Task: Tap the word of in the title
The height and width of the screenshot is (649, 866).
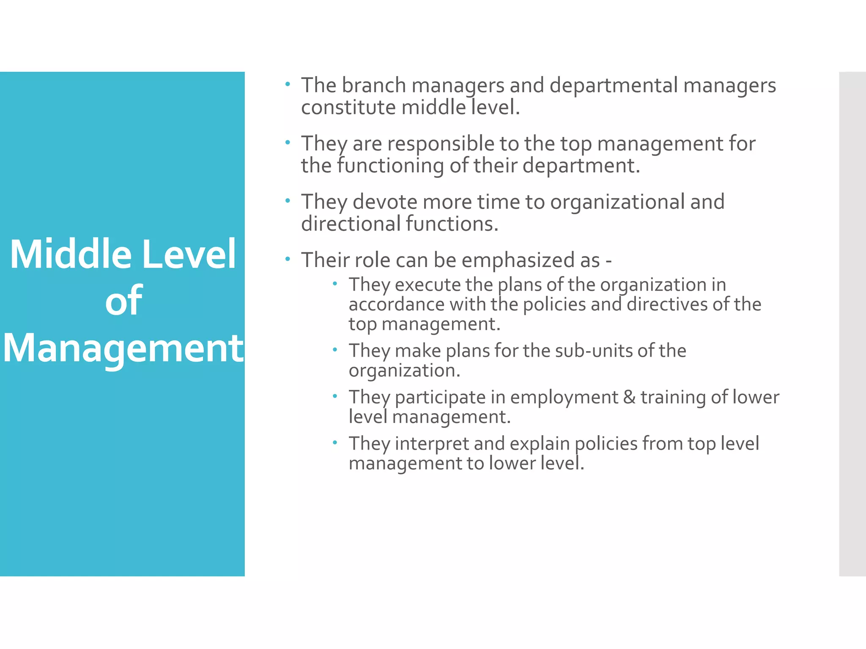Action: pyautogui.click(x=123, y=300)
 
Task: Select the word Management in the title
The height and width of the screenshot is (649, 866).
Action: pyautogui.click(x=123, y=348)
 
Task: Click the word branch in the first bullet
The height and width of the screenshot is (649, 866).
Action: pyautogui.click(x=374, y=85)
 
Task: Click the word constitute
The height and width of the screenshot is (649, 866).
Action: pyautogui.click(x=348, y=107)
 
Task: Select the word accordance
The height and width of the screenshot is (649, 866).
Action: pyautogui.click(x=397, y=304)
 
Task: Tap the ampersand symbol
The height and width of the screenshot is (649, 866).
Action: pyautogui.click(x=630, y=397)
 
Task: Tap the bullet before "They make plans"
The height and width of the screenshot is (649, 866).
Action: pyautogui.click(x=334, y=349)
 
